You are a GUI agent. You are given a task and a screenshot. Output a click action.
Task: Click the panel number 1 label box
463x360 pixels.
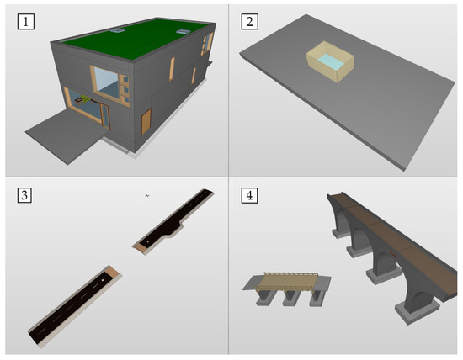[26, 22]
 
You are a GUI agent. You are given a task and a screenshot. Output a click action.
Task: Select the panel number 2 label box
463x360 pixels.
[249, 22]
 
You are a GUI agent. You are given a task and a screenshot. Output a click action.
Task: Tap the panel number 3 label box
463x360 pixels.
[24, 195]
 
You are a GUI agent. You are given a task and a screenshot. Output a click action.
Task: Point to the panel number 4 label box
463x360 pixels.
[249, 195]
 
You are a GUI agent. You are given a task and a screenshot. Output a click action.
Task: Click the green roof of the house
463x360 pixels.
[136, 39]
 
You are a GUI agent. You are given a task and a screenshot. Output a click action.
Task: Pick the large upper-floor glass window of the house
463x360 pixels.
[106, 82]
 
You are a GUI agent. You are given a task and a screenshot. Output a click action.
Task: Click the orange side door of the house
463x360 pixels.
[146, 122]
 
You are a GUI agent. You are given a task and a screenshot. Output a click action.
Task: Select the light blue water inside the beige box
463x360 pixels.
[331, 61]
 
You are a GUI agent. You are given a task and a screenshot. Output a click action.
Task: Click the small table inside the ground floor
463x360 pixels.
[79, 102]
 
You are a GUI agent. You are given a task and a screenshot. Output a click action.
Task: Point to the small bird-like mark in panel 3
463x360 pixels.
[147, 195]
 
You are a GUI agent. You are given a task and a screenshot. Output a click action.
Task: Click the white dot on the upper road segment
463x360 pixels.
[148, 242]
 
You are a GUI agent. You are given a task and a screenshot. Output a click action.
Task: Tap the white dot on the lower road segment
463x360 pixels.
[103, 280]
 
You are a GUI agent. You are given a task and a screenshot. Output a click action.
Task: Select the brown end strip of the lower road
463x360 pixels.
[113, 272]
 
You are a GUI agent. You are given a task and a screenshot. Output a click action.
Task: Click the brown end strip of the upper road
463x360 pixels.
[141, 248]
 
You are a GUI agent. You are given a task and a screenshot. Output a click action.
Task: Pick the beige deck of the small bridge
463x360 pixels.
[286, 281]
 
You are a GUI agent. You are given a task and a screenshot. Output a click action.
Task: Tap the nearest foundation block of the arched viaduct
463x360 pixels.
[417, 311]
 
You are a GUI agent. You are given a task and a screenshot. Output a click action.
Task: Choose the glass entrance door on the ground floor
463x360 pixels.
[105, 116]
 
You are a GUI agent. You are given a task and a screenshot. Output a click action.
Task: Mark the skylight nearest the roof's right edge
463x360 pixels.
[184, 32]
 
